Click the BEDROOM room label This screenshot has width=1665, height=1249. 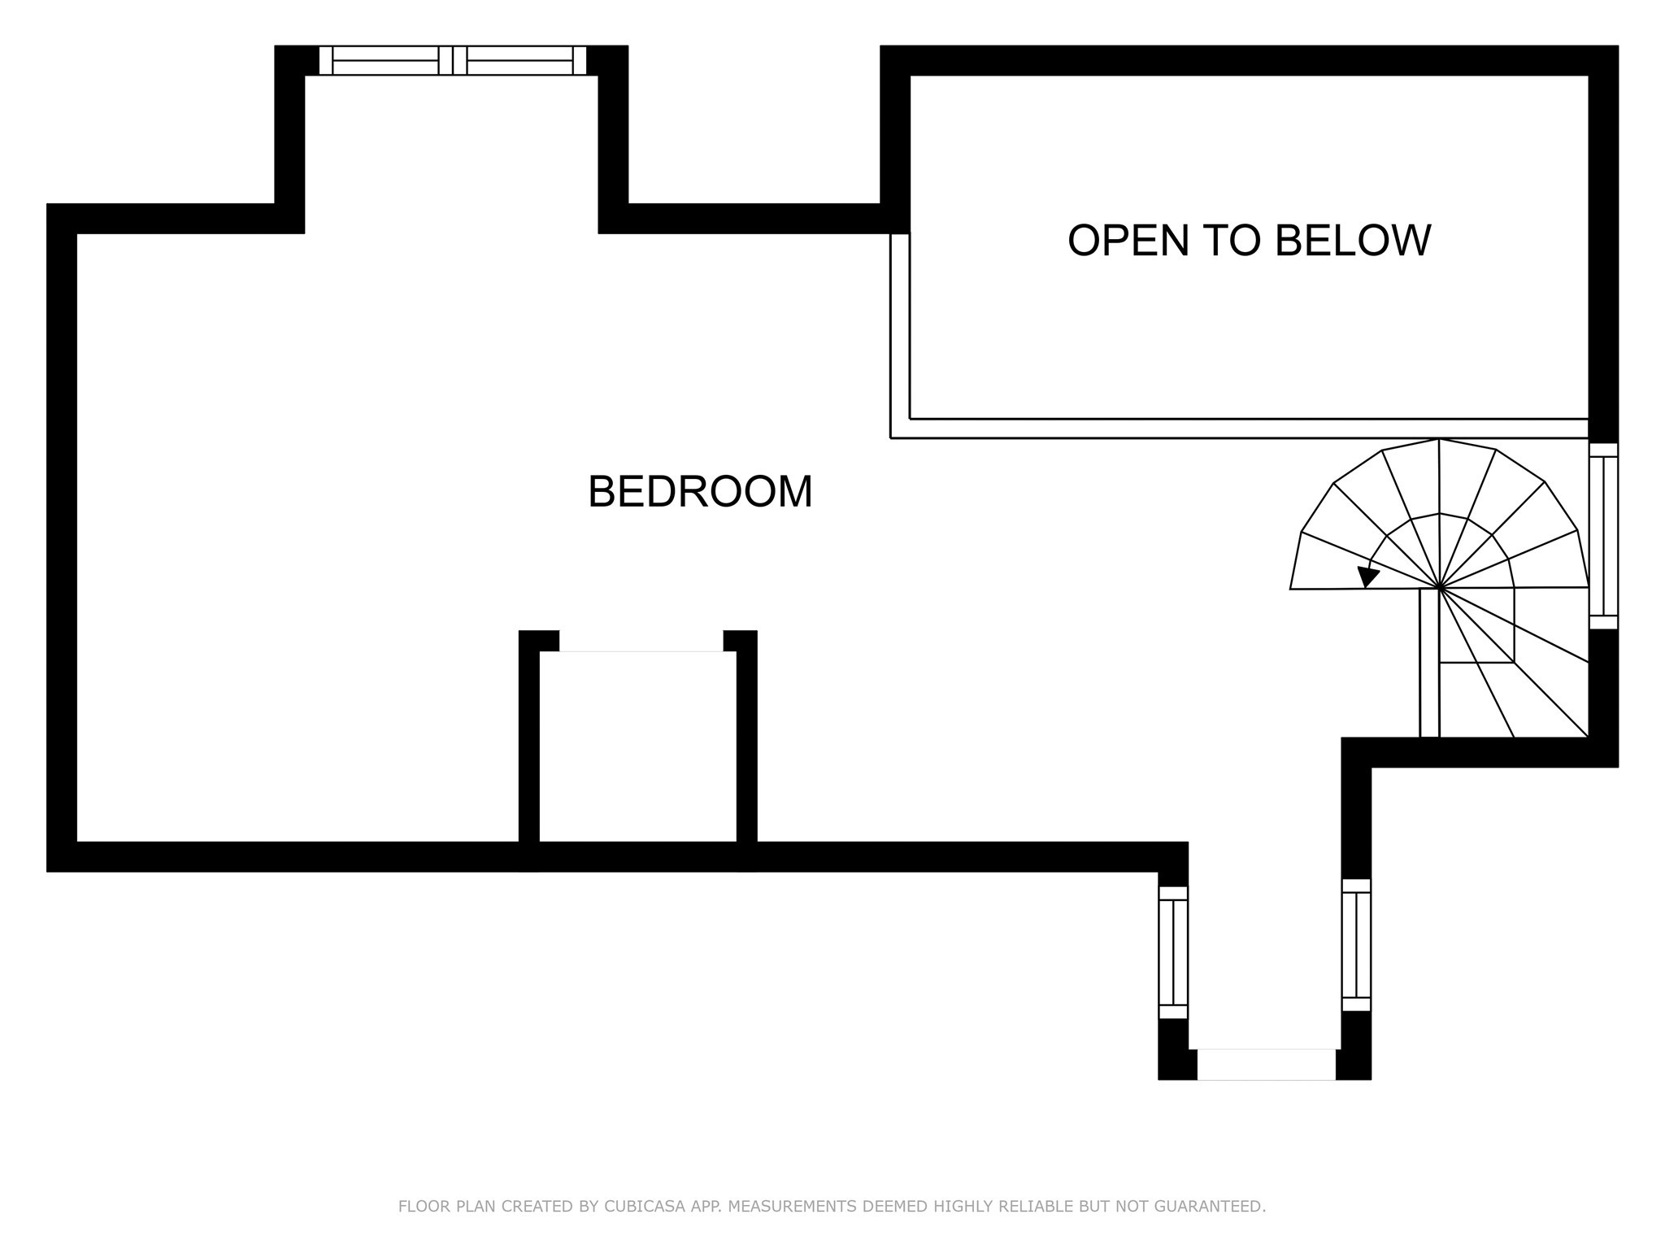[x=700, y=492]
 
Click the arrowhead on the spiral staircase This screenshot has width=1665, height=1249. [x=1367, y=577]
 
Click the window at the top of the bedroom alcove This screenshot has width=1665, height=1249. [x=452, y=60]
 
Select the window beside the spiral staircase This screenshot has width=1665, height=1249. [x=1603, y=535]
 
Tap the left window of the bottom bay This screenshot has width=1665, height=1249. [x=1173, y=951]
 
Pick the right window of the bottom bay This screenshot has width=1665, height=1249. [x=1356, y=945]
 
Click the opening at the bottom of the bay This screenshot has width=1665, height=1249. [x=1266, y=1064]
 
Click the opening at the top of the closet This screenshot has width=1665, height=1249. [x=641, y=642]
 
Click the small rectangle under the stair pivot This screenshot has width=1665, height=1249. [x=1476, y=626]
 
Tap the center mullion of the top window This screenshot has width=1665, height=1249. [x=453, y=60]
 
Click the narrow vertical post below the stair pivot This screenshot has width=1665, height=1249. [x=1429, y=663]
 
